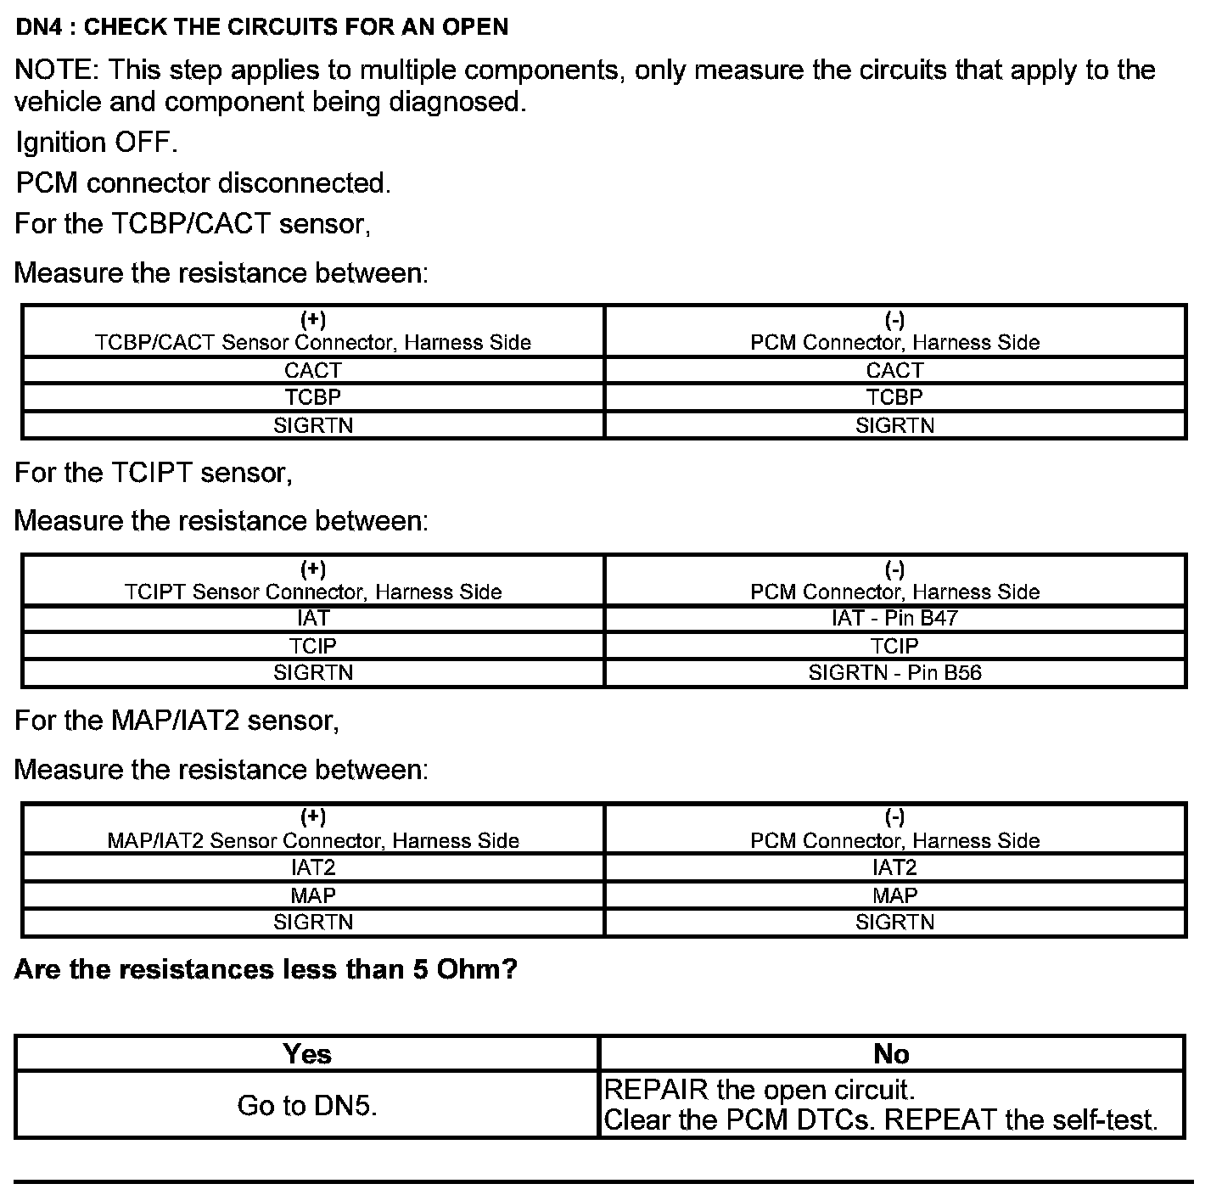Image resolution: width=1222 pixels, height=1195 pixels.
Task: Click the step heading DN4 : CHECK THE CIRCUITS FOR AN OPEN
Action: [261, 27]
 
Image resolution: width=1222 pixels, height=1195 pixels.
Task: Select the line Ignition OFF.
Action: [97, 143]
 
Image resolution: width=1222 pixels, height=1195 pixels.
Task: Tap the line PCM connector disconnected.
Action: [203, 183]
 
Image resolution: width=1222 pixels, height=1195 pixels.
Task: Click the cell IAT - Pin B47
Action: [894, 618]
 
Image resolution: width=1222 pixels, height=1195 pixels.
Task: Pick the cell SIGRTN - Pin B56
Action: [894, 673]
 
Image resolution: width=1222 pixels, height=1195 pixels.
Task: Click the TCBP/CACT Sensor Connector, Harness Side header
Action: [313, 332]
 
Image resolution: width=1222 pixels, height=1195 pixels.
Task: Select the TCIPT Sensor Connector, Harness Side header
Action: [313, 581]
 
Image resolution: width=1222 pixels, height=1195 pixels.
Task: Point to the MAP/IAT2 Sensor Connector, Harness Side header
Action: [313, 830]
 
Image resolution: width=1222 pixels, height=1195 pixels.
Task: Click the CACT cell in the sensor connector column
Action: [313, 370]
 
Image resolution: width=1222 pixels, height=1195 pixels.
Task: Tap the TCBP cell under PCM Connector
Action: [894, 397]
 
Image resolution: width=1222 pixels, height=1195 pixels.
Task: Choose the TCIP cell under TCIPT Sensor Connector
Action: [313, 646]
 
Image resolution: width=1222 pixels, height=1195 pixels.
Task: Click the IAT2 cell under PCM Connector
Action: [894, 867]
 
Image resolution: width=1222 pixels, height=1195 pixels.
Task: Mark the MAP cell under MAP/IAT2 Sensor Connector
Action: [313, 895]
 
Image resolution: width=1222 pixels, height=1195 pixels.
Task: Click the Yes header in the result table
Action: [307, 1054]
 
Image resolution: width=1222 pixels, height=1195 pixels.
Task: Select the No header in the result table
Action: [891, 1054]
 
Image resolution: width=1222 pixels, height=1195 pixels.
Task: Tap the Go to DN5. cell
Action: [307, 1105]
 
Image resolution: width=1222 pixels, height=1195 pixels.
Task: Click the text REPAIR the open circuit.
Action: [759, 1090]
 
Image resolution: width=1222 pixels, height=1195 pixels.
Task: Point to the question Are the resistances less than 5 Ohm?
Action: [266, 969]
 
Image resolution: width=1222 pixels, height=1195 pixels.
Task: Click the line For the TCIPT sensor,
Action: [154, 473]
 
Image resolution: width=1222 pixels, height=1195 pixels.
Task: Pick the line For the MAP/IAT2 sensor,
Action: [177, 721]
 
